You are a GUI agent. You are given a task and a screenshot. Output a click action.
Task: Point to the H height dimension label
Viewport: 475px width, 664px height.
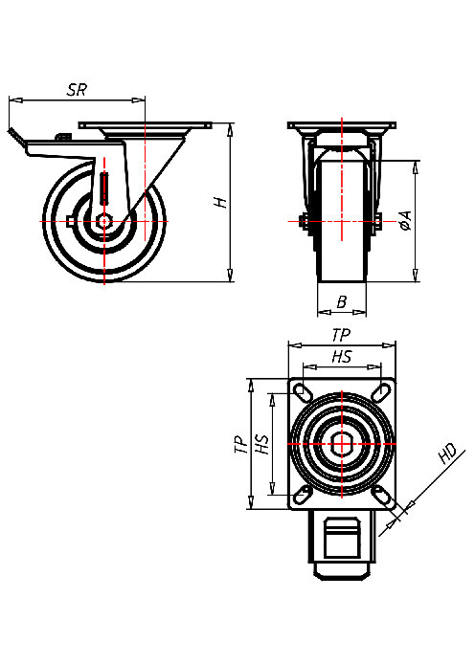click(219, 202)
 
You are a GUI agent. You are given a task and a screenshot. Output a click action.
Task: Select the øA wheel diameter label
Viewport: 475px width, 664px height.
click(405, 223)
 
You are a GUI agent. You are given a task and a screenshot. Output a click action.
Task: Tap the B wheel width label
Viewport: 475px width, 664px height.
click(342, 302)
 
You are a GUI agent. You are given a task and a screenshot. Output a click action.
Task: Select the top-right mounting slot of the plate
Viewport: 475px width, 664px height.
click(382, 392)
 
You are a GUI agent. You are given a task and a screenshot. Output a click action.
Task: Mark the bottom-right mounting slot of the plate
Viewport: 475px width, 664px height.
click(382, 495)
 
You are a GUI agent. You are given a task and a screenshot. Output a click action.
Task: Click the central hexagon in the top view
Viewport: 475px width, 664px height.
click(342, 444)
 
